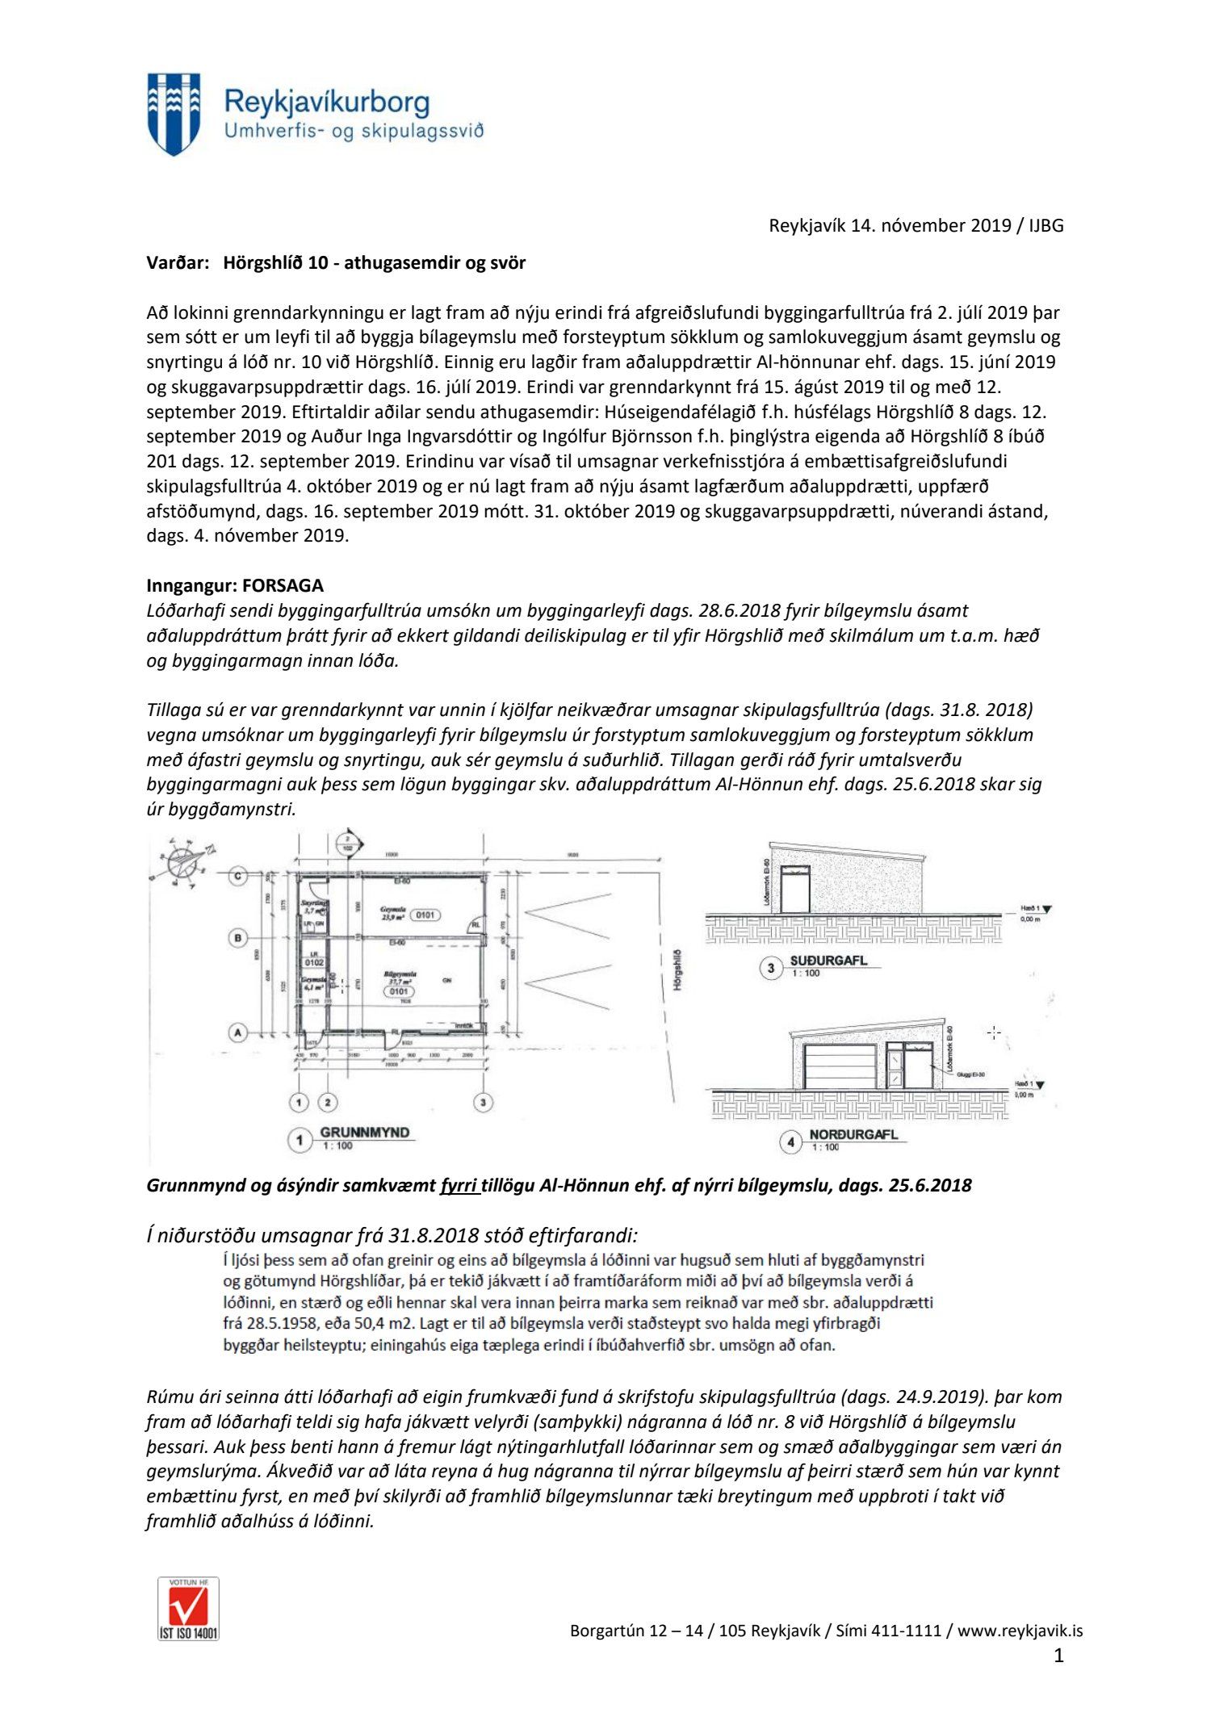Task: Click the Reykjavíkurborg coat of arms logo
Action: (174, 114)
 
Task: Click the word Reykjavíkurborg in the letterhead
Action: (326, 103)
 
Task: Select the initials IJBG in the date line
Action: (1045, 226)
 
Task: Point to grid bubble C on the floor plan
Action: (238, 876)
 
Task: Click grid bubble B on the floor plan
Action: (238, 938)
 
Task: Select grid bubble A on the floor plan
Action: (238, 1032)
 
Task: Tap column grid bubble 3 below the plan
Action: (483, 1102)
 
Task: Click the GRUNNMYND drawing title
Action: (365, 1133)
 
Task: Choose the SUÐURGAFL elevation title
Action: (828, 961)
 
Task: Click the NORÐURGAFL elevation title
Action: (853, 1134)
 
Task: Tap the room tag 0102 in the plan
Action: (314, 962)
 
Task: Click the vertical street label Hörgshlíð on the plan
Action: (677, 970)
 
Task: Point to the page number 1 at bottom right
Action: (1058, 1656)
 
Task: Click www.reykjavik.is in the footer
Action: (1020, 1631)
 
